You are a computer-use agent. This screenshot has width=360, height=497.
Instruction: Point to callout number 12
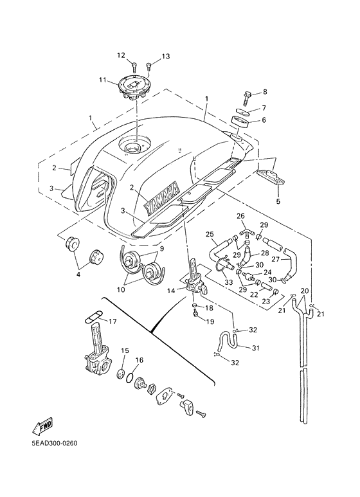tap(120, 55)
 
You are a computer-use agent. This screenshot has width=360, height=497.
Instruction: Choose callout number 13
tap(165, 57)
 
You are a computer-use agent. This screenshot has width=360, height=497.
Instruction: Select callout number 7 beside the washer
tap(264, 107)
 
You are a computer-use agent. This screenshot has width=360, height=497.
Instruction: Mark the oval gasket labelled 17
tap(94, 318)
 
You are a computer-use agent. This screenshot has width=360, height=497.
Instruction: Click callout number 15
tap(125, 350)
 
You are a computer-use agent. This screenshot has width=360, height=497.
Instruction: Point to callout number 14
tap(172, 291)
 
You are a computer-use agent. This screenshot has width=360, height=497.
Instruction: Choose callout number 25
tap(210, 234)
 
